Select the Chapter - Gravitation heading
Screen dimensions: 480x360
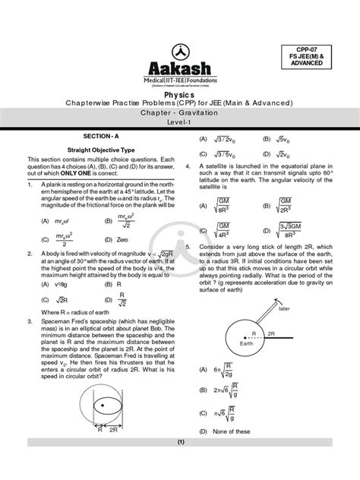[x=180, y=111]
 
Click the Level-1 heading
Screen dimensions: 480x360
[x=180, y=121]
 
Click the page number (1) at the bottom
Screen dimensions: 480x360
[x=180, y=463]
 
